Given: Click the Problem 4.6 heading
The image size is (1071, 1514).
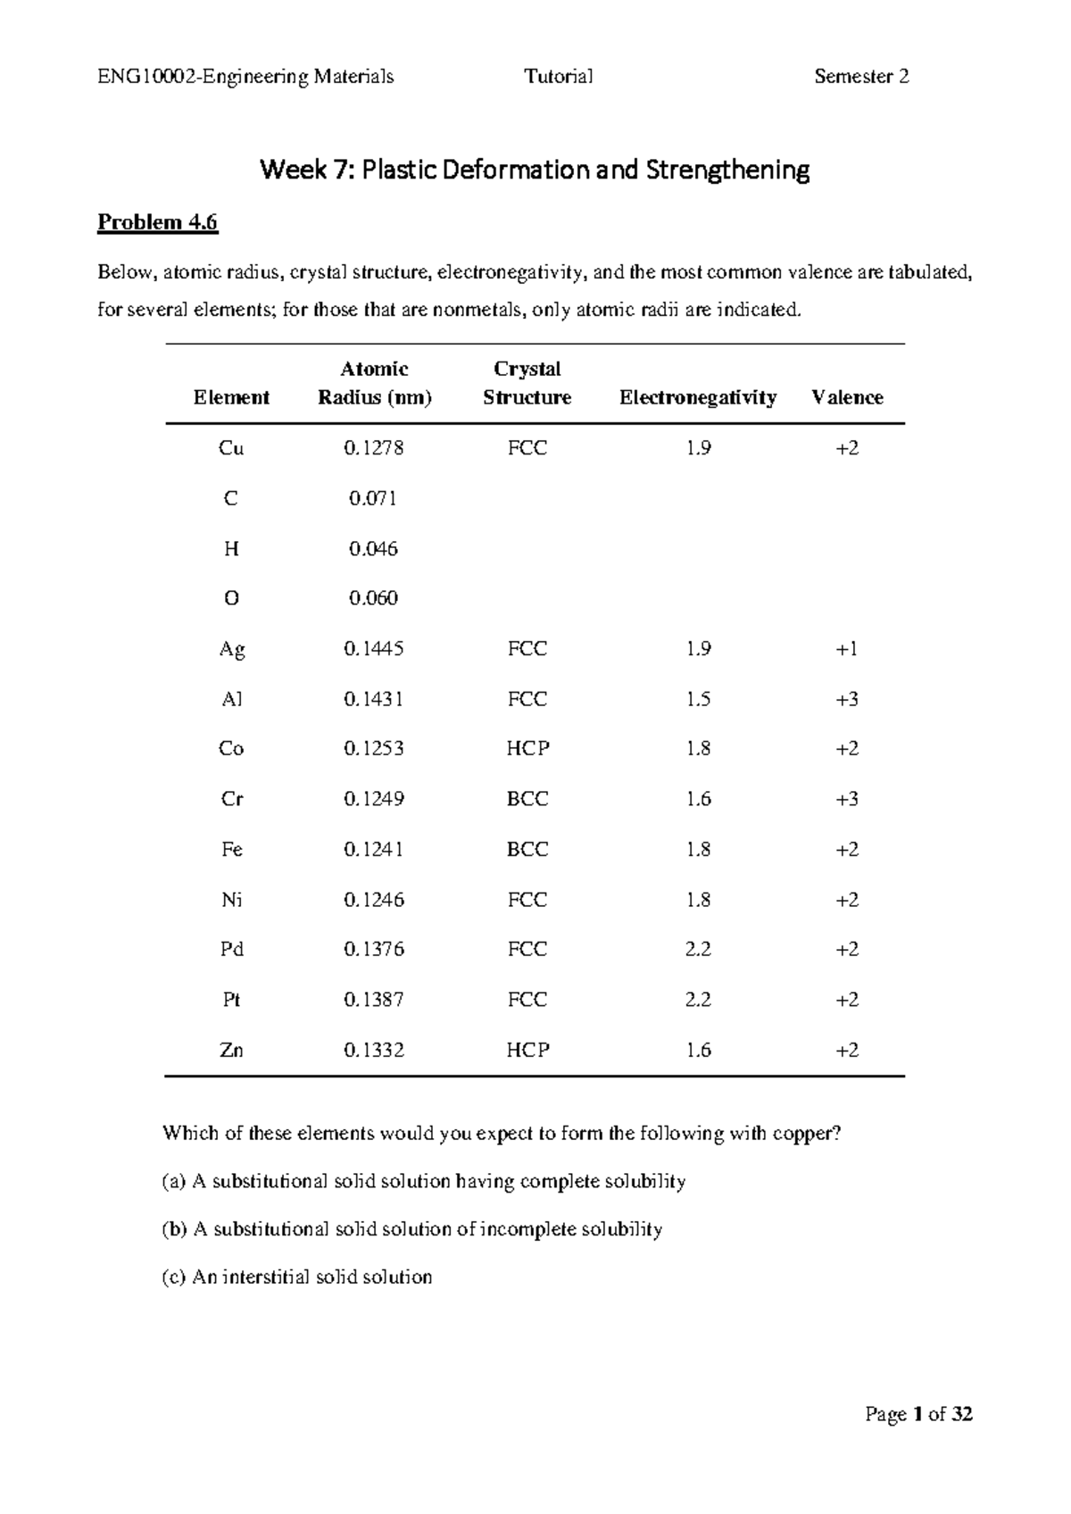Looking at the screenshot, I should [157, 222].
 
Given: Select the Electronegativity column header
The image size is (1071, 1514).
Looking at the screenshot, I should [697, 397].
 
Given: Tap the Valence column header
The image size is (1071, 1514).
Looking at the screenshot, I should [847, 397].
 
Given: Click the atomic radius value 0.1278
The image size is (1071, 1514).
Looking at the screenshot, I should [373, 448].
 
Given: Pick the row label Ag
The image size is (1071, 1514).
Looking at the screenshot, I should [231, 649].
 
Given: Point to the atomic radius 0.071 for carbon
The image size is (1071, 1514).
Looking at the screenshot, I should [372, 498].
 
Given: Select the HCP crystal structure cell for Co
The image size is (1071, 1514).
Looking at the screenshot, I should [527, 749].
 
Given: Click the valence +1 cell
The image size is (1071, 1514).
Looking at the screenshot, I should [847, 649].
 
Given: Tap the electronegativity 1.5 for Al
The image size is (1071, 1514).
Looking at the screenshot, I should [698, 699].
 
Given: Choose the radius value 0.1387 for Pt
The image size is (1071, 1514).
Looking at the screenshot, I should [373, 1000].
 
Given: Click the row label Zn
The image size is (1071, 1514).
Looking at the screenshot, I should [231, 1050].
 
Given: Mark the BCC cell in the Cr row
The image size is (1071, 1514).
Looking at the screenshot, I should [527, 799].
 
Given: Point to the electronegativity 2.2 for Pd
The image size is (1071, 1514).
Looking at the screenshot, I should [698, 949].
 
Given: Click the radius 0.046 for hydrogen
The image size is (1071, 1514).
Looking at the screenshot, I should [372, 549].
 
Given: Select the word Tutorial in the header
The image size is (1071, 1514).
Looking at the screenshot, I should [559, 77].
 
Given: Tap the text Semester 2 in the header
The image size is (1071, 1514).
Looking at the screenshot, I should [861, 77].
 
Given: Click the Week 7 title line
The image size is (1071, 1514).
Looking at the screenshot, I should [535, 170].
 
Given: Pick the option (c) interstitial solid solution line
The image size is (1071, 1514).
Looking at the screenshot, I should [296, 1277].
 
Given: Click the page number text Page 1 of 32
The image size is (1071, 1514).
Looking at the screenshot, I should [918, 1414].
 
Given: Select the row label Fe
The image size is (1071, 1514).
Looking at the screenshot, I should [231, 849].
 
